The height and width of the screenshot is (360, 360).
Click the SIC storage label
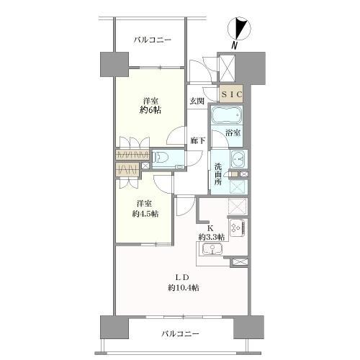[232, 94]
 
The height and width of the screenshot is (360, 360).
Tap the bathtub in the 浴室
[227, 116]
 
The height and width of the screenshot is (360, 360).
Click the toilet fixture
[161, 158]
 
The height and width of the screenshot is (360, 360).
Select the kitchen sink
[212, 249]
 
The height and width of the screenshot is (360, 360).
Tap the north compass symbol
[239, 28]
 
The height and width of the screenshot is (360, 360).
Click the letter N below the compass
[234, 45]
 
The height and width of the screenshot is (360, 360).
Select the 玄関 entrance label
[197, 101]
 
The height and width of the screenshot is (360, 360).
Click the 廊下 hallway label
[198, 140]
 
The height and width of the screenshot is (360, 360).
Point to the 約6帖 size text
[150, 110]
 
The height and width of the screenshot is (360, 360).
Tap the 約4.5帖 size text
[145, 214]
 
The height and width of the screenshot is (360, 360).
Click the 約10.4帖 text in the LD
[184, 287]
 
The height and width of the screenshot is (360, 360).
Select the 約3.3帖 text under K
[212, 238]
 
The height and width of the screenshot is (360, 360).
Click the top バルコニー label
[153, 40]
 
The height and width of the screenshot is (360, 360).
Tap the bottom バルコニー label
[180, 333]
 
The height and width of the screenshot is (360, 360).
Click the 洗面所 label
[218, 174]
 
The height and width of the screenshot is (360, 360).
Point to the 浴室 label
[233, 132]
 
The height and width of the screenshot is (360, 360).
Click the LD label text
[183, 277]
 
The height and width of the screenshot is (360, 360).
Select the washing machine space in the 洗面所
[238, 186]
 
